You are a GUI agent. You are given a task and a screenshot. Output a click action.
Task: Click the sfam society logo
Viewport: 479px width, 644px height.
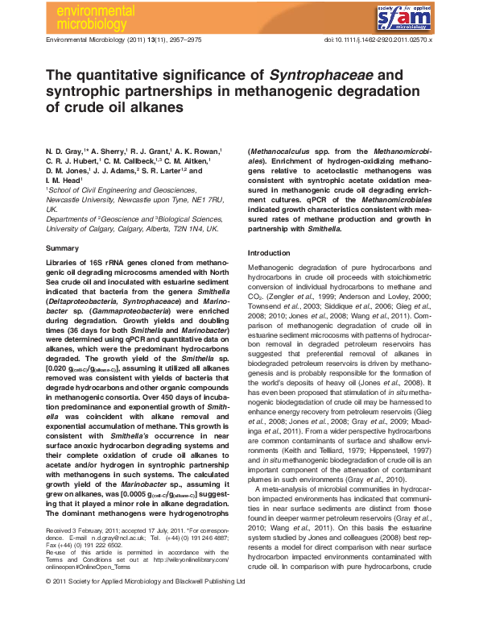(407, 15)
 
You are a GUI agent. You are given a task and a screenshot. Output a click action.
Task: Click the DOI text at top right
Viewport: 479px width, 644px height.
(378, 39)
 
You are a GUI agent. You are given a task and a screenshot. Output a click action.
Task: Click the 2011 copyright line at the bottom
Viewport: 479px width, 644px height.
(145, 625)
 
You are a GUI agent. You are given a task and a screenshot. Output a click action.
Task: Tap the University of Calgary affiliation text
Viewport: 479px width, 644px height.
(81, 228)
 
